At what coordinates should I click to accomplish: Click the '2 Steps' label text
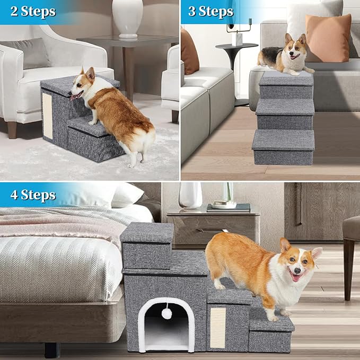pos(33,11)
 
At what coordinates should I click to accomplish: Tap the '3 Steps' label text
pos(210,11)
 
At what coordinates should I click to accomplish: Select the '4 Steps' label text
pos(33,195)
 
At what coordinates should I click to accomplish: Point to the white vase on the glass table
pos(127,17)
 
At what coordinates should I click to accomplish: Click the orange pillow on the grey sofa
pos(328,38)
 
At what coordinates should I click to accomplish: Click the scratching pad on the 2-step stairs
pos(47,116)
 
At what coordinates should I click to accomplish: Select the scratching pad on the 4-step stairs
pos(218,327)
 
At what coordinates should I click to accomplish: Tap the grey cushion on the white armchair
pos(33,52)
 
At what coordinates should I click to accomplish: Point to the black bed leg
pos(52,349)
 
